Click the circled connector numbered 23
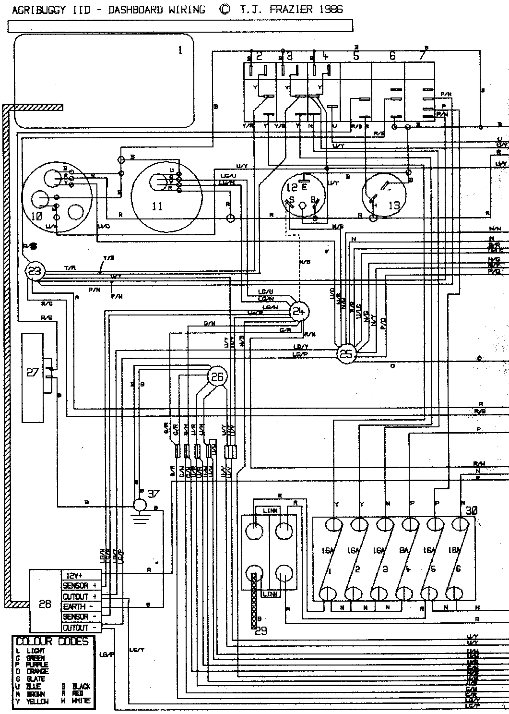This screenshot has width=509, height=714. (x=35, y=271)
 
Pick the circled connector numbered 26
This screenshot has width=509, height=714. (x=217, y=377)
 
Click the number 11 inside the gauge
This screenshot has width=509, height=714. (x=157, y=206)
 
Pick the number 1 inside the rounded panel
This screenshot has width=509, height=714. (x=180, y=50)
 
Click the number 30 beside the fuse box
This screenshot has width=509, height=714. (x=472, y=511)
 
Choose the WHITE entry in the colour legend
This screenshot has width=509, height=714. (x=81, y=702)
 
